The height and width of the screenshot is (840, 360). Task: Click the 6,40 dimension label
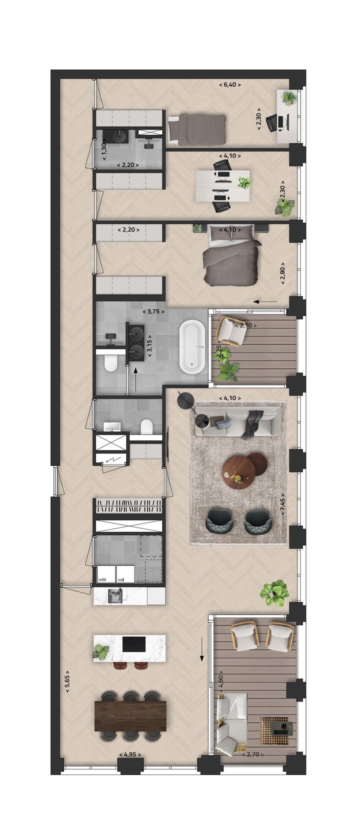[230, 85]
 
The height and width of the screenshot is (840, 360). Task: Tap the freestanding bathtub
[192, 348]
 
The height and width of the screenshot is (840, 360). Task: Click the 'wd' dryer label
[120, 579]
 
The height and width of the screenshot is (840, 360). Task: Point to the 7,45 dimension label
[282, 506]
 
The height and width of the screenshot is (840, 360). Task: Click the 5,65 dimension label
[67, 681]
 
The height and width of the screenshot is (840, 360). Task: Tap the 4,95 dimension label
[129, 754]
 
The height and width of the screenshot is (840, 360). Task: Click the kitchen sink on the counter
[114, 595]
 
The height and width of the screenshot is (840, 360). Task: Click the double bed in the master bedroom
[230, 255]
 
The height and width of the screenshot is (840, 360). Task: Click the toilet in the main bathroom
[110, 363]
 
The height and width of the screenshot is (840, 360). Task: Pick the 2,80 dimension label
[282, 273]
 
